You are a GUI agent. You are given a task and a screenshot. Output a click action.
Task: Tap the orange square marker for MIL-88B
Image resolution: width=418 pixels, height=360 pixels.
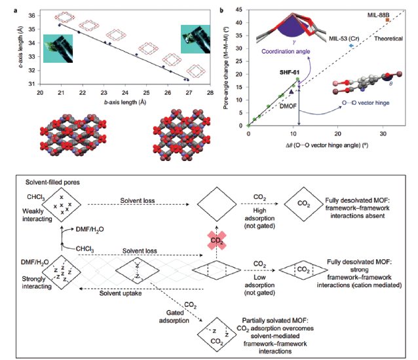click(x=388, y=20)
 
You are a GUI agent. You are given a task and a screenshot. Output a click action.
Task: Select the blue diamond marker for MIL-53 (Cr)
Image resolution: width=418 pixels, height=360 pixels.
click(x=352, y=45)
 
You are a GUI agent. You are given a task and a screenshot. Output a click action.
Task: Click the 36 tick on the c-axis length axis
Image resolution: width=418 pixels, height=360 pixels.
click(x=33, y=14)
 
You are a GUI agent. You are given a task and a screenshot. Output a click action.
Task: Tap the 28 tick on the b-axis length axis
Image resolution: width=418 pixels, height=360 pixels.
click(x=209, y=92)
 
